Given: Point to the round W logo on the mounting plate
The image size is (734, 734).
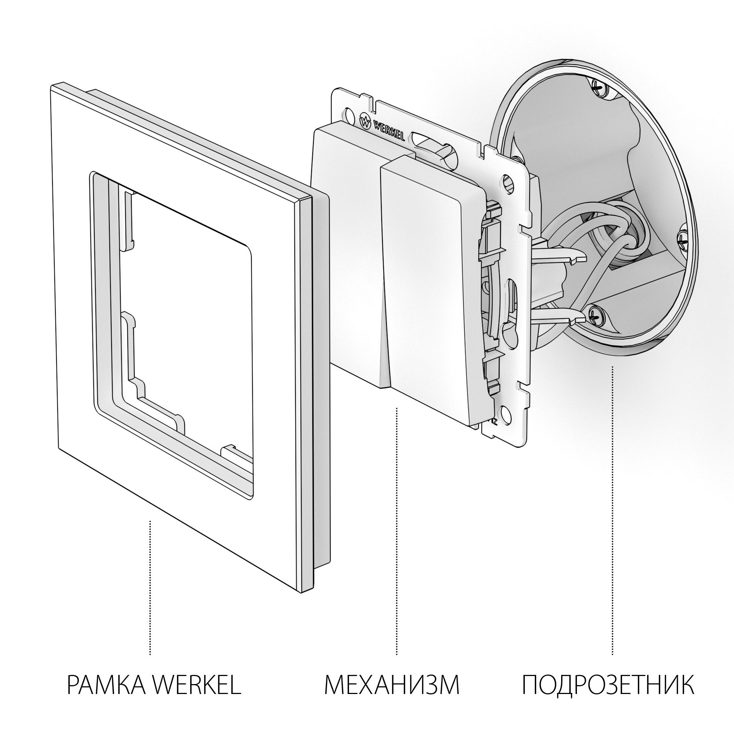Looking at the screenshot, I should click(x=365, y=121).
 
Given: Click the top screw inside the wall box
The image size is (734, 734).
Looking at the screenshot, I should click(x=599, y=88).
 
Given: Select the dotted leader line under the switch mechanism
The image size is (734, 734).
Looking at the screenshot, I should click(x=397, y=532).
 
